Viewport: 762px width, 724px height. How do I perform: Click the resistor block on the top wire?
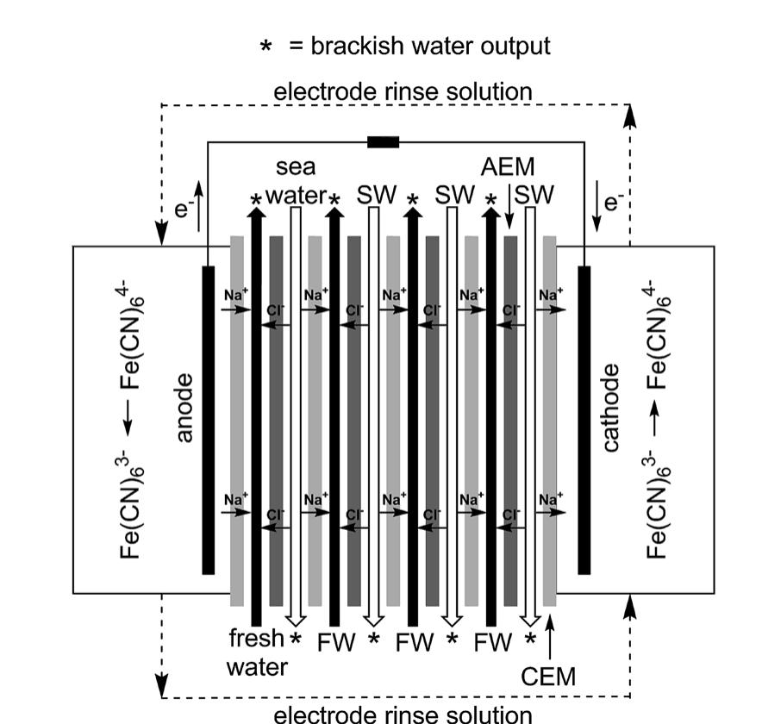[383, 141]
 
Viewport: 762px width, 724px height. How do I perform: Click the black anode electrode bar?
[208, 420]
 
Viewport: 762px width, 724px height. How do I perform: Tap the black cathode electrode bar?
[584, 420]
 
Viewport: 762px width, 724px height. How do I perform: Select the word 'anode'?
[184, 407]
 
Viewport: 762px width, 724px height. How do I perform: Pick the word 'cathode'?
[611, 408]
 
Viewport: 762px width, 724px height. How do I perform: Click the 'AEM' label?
[509, 166]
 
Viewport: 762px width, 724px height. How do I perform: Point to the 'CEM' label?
[549, 677]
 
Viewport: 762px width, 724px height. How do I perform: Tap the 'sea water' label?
[296, 181]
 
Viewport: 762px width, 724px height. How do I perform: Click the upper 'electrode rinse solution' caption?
[403, 90]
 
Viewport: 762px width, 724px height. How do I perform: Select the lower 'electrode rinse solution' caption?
[403, 714]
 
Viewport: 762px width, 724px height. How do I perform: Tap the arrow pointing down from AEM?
[509, 207]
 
